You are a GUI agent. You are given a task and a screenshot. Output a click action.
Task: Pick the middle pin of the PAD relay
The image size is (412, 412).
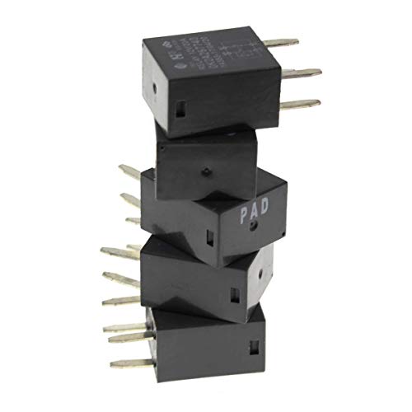[x=130, y=199]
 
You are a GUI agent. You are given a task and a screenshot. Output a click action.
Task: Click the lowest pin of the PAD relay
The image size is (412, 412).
[x=132, y=221]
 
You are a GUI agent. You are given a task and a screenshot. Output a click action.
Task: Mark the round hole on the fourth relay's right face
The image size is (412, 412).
[x=263, y=269]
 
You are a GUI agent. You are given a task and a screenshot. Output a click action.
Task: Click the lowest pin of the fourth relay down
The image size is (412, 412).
[x=119, y=301]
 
